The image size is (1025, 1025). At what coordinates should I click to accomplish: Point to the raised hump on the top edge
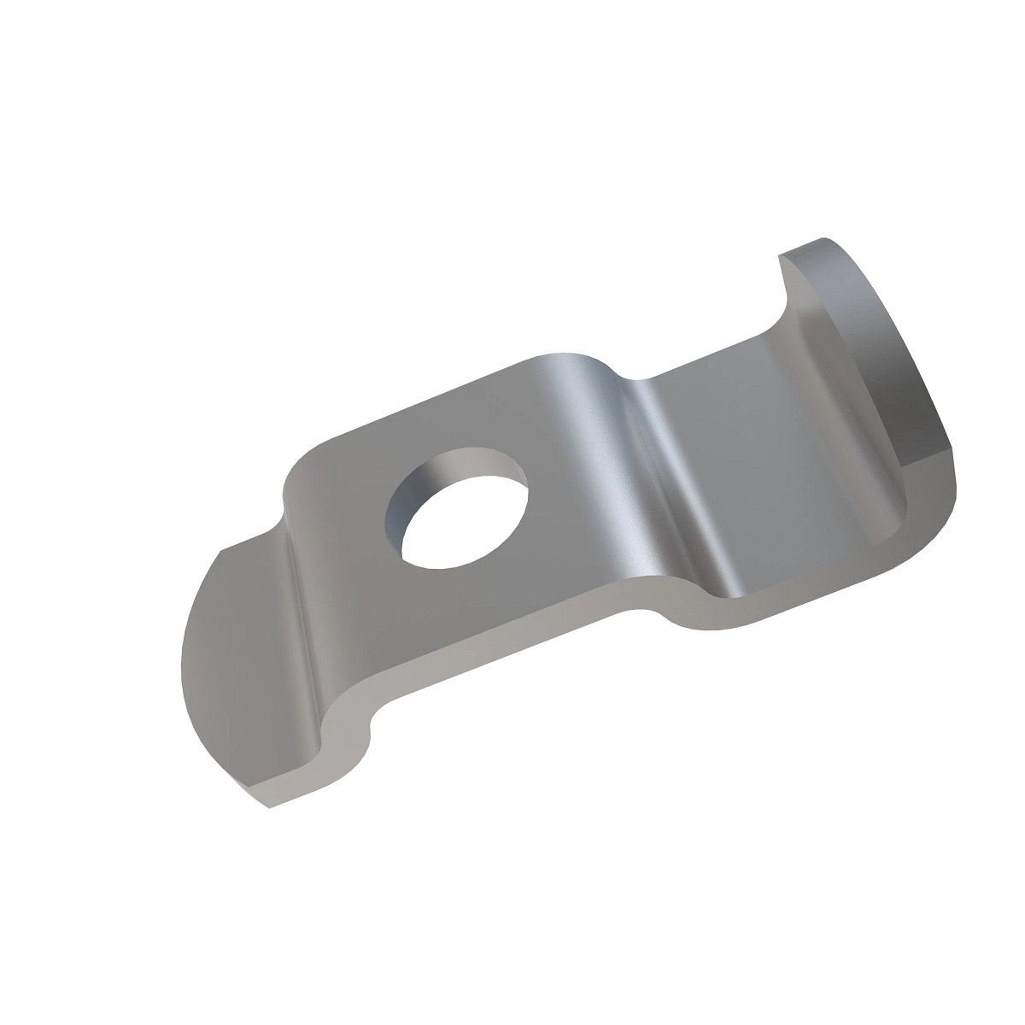point(568,359)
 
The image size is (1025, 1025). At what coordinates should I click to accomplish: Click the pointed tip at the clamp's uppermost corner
point(822,238)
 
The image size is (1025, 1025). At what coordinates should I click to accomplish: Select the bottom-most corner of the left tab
point(270,808)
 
